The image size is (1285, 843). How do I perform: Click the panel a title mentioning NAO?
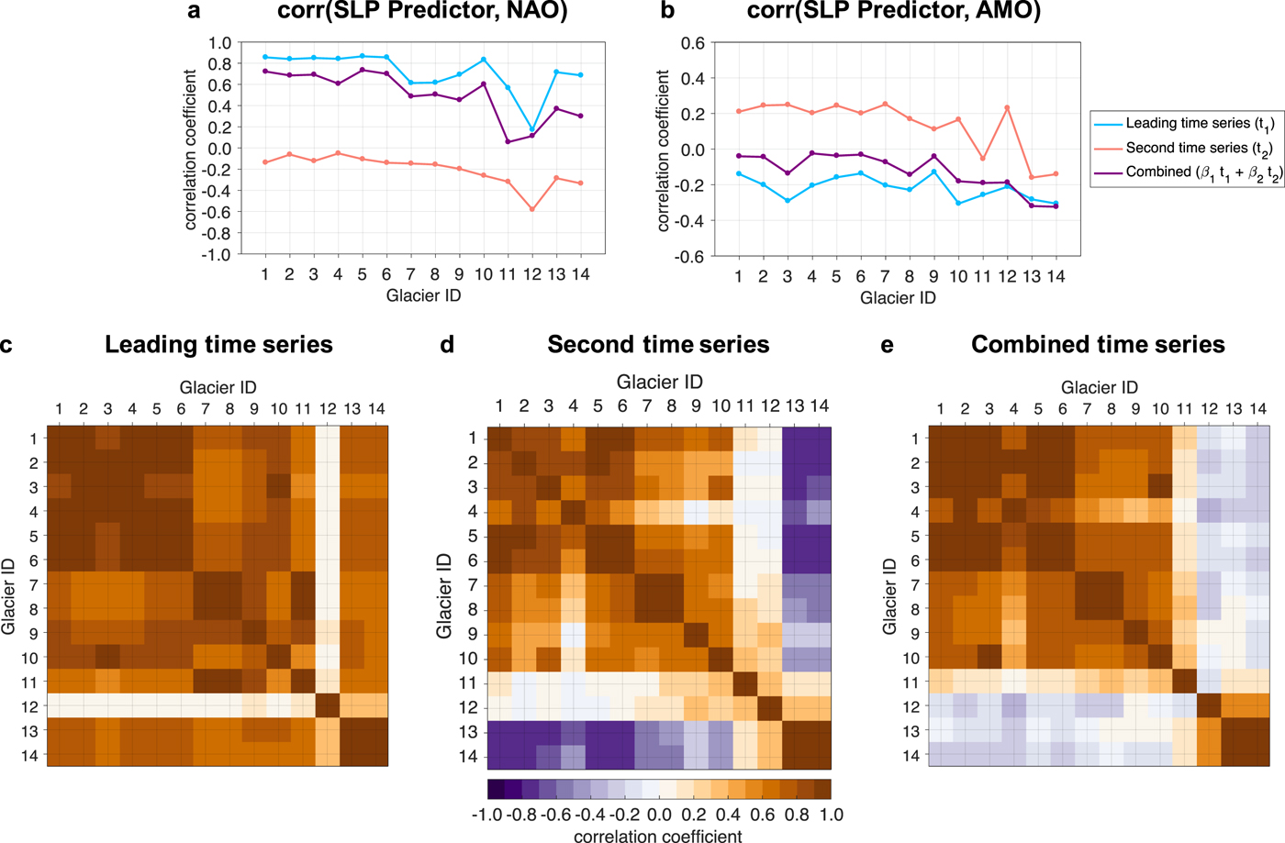[422, 12]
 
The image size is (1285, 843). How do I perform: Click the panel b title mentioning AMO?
[894, 12]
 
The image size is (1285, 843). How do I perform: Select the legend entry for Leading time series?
[1199, 124]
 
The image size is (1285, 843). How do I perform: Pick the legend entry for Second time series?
[1199, 148]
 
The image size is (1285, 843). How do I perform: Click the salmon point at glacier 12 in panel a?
[532, 209]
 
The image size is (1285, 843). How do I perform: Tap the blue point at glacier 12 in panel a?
[532, 130]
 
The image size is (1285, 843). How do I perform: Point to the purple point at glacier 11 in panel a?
[508, 141]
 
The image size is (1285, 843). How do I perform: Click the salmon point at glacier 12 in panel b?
[1007, 108]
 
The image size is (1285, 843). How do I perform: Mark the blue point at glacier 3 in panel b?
[788, 201]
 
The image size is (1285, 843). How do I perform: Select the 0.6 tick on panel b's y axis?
[693, 43]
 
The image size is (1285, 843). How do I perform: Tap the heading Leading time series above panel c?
[218, 345]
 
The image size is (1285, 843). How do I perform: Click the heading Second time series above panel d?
[658, 345]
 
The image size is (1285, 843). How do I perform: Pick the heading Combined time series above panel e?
[1098, 345]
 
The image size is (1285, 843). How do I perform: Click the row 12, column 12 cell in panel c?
[328, 706]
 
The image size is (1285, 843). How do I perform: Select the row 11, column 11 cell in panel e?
[1185, 682]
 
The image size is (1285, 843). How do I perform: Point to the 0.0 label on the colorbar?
[659, 815]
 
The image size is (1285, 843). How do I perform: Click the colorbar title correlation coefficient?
[658, 836]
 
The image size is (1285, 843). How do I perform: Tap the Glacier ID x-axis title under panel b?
[898, 297]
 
